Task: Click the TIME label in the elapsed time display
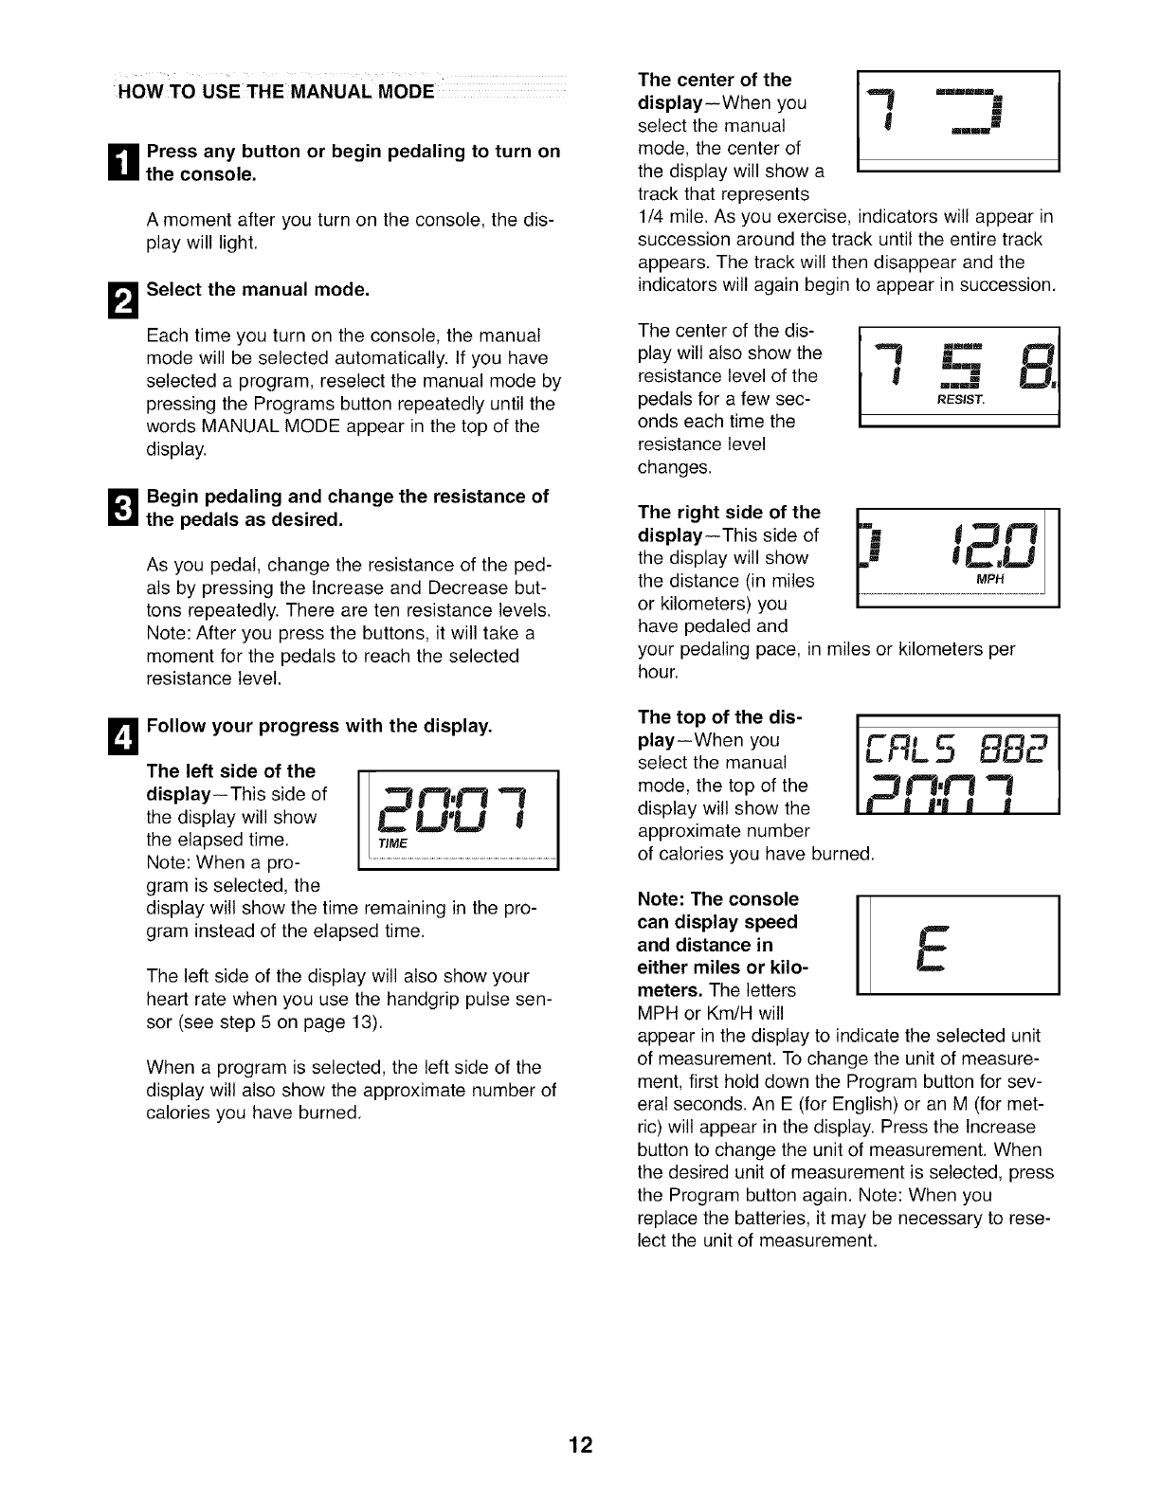390,844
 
